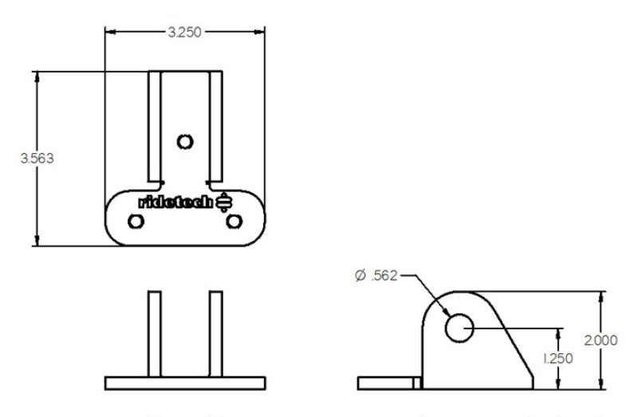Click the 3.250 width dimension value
pos(184,32)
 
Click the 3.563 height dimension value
pos(37,158)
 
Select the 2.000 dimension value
pos(601,340)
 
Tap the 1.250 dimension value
pos(558,360)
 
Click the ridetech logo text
pos(176,202)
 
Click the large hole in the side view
pos(459,327)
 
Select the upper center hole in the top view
pos(185,142)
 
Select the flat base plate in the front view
pos(185,382)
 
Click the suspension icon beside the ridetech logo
pos(224,202)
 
